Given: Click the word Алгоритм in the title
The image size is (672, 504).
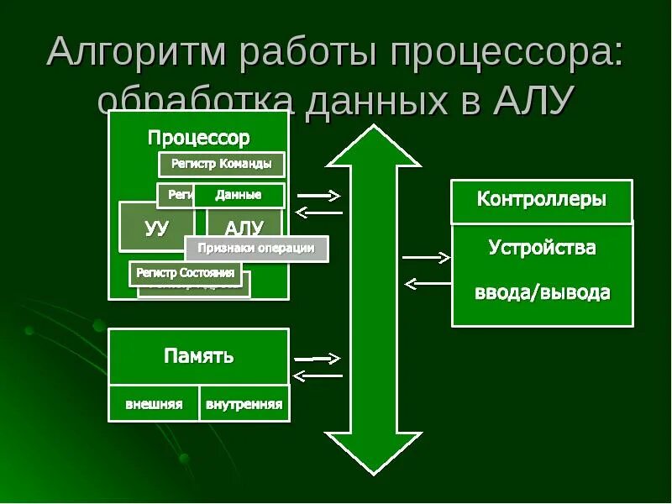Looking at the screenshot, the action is pyautogui.click(x=137, y=53).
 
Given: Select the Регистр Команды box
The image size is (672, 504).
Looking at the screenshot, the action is pyautogui.click(x=221, y=164).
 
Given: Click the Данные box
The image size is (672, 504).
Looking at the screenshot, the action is pyautogui.click(x=239, y=195).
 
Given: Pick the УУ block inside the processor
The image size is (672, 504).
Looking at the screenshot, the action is pyautogui.click(x=156, y=227).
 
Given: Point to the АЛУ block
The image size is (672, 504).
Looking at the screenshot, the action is pyautogui.click(x=245, y=227).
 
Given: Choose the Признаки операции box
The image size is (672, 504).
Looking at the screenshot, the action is pyautogui.click(x=256, y=248).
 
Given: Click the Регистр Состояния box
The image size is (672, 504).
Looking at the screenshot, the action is pyautogui.click(x=186, y=273).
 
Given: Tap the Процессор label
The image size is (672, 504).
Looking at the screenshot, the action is pyautogui.click(x=198, y=137).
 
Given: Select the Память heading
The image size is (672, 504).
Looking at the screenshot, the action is pyautogui.click(x=198, y=356).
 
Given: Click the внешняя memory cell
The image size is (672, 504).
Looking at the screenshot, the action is pyautogui.click(x=154, y=404).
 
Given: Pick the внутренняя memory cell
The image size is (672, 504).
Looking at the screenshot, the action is pyautogui.click(x=244, y=404).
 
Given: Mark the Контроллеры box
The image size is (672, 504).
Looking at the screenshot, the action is pyautogui.click(x=542, y=201).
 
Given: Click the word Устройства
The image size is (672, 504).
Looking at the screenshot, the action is pyautogui.click(x=542, y=248).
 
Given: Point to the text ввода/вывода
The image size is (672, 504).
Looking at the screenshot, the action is pyautogui.click(x=542, y=293).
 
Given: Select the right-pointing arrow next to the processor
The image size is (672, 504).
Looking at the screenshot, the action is pyautogui.click(x=319, y=196).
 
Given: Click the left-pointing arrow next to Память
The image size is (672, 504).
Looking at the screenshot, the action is pyautogui.click(x=319, y=375).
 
